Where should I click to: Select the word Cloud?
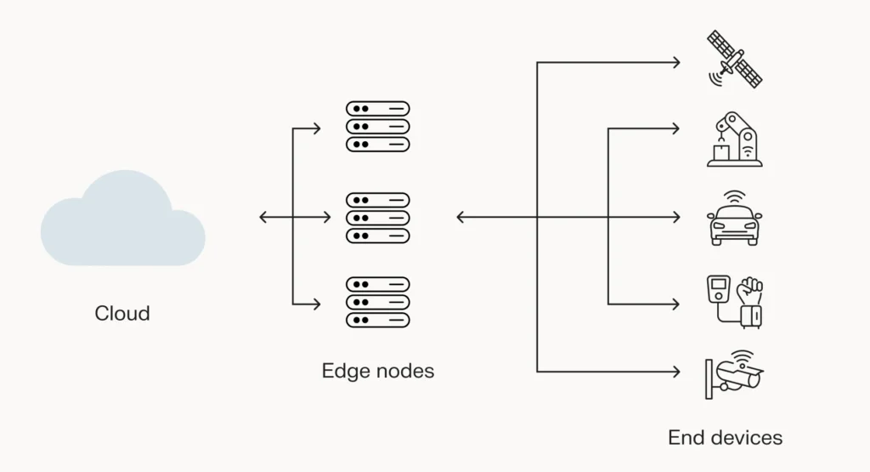pyautogui.click(x=122, y=314)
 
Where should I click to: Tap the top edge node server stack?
pyautogui.click(x=377, y=127)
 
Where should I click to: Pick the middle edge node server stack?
pyautogui.click(x=377, y=218)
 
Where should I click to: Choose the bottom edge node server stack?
pyautogui.click(x=377, y=302)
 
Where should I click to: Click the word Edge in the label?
pyautogui.click(x=341, y=372)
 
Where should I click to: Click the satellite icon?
pyautogui.click(x=735, y=60)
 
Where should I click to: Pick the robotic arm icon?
pyautogui.click(x=735, y=139)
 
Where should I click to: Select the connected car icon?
pyautogui.click(x=735, y=223)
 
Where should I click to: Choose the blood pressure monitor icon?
pyautogui.click(x=735, y=302)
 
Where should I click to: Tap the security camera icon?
pyautogui.click(x=735, y=373)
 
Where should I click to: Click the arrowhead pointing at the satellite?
pyautogui.click(x=676, y=62)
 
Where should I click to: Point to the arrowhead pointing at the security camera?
pyautogui.click(x=676, y=372)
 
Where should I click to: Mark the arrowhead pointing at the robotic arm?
pyautogui.click(x=676, y=129)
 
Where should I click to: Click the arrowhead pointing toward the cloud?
pyautogui.click(x=263, y=218)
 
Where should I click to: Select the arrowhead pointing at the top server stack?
pyautogui.click(x=317, y=129)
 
